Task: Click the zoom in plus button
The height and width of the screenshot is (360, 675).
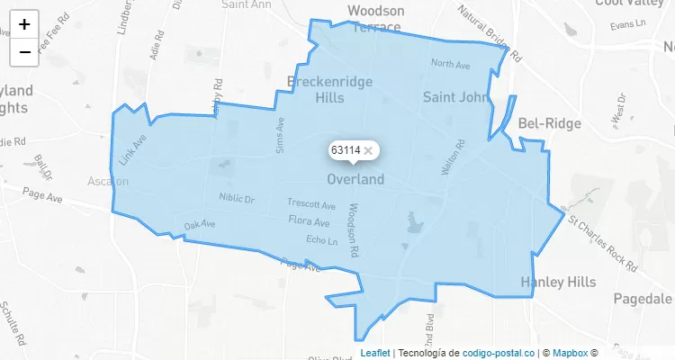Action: [x=24, y=24]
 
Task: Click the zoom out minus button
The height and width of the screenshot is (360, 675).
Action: [x=24, y=51]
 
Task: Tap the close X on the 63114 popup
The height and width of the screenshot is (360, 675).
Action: [x=368, y=150]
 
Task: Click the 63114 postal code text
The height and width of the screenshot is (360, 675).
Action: [x=346, y=150]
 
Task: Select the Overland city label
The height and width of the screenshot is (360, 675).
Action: [x=355, y=179]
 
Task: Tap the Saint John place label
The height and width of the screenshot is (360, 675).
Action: [x=454, y=96]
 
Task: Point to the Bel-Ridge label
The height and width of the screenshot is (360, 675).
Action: [x=546, y=122]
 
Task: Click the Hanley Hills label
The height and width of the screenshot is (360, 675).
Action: [x=558, y=283]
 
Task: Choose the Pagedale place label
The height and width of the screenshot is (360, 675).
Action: [x=643, y=298]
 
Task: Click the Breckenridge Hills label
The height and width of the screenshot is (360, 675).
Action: [x=329, y=90]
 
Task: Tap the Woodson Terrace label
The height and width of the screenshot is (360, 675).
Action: [x=375, y=19]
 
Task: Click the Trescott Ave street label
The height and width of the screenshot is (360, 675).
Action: [x=311, y=204]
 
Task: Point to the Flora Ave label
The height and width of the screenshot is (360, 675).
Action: [x=309, y=221]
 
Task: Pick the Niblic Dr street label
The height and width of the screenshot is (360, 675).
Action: [x=237, y=198]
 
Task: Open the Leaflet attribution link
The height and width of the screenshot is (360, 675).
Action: [x=375, y=353]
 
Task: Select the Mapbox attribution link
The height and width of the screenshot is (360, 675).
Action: [x=571, y=353]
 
